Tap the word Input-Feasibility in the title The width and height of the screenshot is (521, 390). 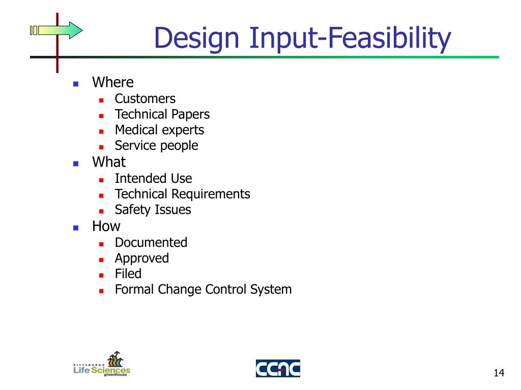click(x=350, y=39)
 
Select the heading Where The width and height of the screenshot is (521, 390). click(x=112, y=82)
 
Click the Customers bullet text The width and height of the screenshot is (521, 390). click(x=145, y=99)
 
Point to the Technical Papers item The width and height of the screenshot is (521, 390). click(x=162, y=114)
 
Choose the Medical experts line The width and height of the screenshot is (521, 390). click(x=159, y=130)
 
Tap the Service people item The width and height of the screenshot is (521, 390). click(x=156, y=146)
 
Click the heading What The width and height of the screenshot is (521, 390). click(x=108, y=162)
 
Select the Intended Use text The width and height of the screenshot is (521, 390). click(x=153, y=178)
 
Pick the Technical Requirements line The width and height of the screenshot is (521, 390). click(x=182, y=194)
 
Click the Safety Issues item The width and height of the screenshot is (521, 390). click(x=153, y=210)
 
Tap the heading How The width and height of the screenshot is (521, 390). click(x=106, y=226)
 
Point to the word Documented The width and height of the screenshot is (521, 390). click(x=151, y=242)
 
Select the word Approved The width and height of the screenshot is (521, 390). click(x=141, y=258)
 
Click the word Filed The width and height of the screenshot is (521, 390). click(x=128, y=274)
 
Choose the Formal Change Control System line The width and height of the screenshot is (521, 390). click(x=203, y=289)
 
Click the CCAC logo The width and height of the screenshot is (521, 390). click(x=278, y=368)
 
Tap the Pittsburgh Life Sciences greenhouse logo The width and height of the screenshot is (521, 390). click(x=102, y=364)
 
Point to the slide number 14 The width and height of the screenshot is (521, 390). click(x=499, y=374)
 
